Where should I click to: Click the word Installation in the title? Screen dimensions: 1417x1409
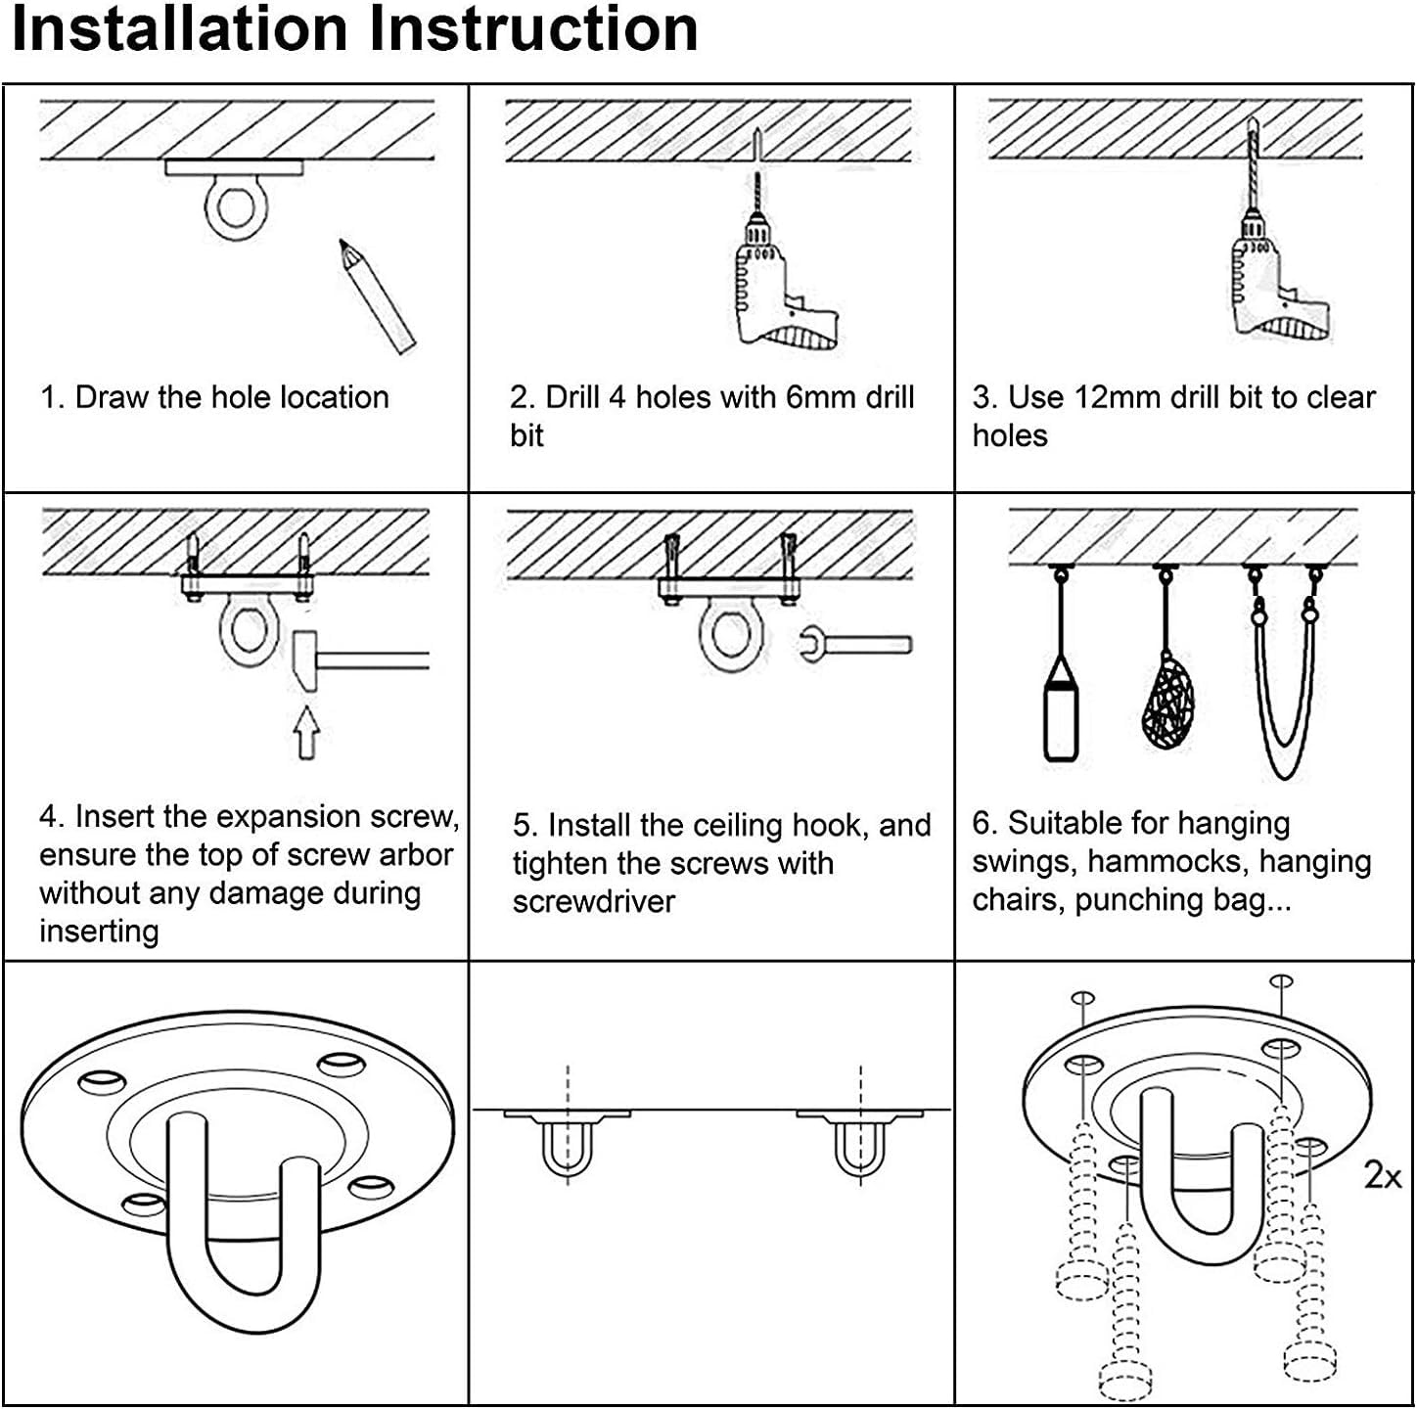180,29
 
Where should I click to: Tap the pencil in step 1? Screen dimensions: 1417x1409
377,295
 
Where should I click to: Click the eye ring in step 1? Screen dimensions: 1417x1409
235,207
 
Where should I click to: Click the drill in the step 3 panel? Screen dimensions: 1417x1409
1279,250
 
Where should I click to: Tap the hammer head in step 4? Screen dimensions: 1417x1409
306,661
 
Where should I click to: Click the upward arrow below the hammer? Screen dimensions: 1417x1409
306,733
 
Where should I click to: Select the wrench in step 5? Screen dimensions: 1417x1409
856,645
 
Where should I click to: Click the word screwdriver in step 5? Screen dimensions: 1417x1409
593,902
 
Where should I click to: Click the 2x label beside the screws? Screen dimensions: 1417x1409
1383,1175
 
